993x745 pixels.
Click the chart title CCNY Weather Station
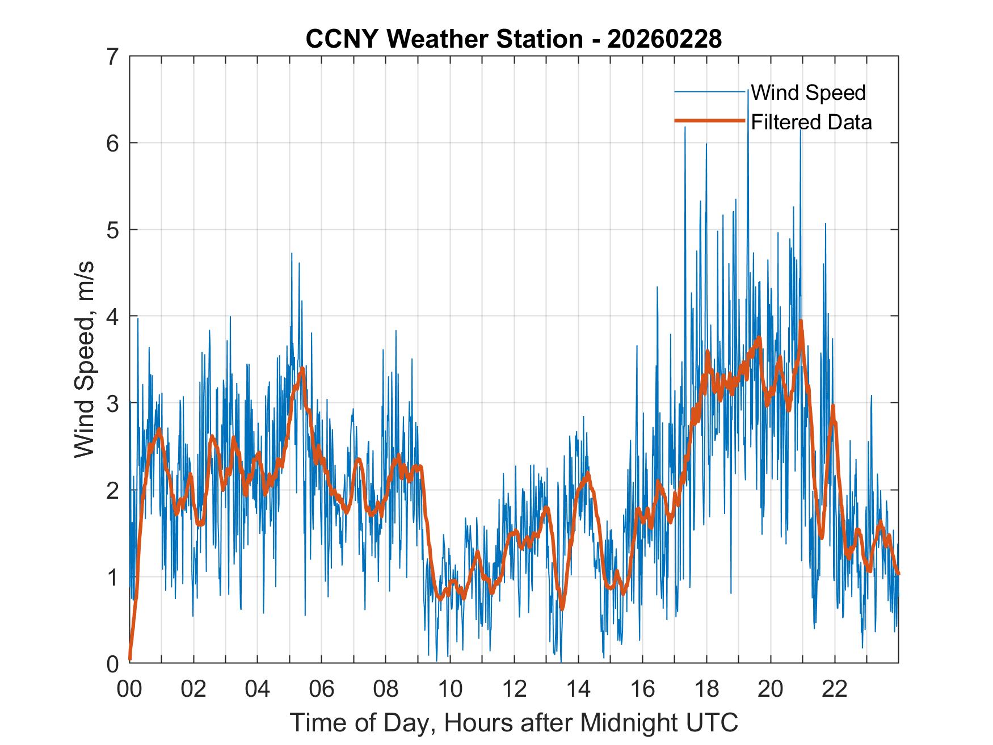pyautogui.click(x=443, y=39)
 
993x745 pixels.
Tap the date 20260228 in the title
pyautogui.click(x=664, y=39)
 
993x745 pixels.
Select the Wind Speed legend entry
pyautogui.click(x=808, y=92)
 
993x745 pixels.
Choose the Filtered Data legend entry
pyautogui.click(x=811, y=122)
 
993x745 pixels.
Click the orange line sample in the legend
pyautogui.click(x=709, y=121)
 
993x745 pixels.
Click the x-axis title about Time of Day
pyautogui.click(x=514, y=723)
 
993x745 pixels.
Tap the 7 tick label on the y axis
pyautogui.click(x=112, y=57)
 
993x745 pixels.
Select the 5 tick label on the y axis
pyautogui.click(x=112, y=230)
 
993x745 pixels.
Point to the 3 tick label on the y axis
pyautogui.click(x=112, y=403)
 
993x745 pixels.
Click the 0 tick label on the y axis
pyautogui.click(x=112, y=663)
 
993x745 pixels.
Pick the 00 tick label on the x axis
pyautogui.click(x=129, y=690)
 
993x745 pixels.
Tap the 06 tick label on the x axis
pyautogui.click(x=322, y=690)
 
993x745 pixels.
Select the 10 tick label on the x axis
pyautogui.click(x=450, y=690)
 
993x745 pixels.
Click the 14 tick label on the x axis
pyautogui.click(x=578, y=690)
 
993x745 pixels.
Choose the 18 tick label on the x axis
pyautogui.click(x=706, y=690)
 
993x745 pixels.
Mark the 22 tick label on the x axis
pyautogui.click(x=835, y=690)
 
